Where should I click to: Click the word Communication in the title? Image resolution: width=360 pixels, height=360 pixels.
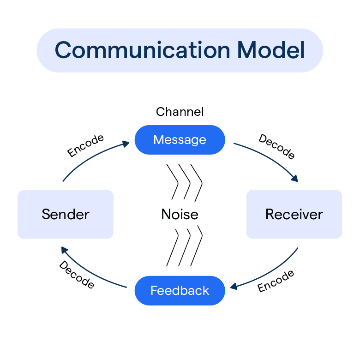pos(142,50)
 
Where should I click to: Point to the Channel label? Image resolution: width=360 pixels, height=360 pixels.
pos(180,112)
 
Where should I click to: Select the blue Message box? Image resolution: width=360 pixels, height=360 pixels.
pos(180,139)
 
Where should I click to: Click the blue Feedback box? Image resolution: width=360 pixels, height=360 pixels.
pos(180,291)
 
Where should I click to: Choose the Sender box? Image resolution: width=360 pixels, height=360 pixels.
pos(66,214)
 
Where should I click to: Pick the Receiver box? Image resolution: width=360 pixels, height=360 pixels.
pos(294,214)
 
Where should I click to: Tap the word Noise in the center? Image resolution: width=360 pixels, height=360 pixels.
pos(180,214)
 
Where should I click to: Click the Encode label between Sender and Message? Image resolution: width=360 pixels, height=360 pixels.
pos(85,146)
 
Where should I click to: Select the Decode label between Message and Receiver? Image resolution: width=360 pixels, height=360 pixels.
pos(276,147)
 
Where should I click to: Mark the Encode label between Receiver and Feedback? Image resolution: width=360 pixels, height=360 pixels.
pos(276,282)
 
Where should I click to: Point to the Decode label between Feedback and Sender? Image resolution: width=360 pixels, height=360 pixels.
pos(77,275)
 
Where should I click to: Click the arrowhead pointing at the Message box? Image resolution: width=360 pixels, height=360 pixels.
pos(126,144)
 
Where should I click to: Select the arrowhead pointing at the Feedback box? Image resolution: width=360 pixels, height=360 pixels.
pos(234,287)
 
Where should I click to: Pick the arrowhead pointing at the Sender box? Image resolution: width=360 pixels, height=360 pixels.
pos(65,250)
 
